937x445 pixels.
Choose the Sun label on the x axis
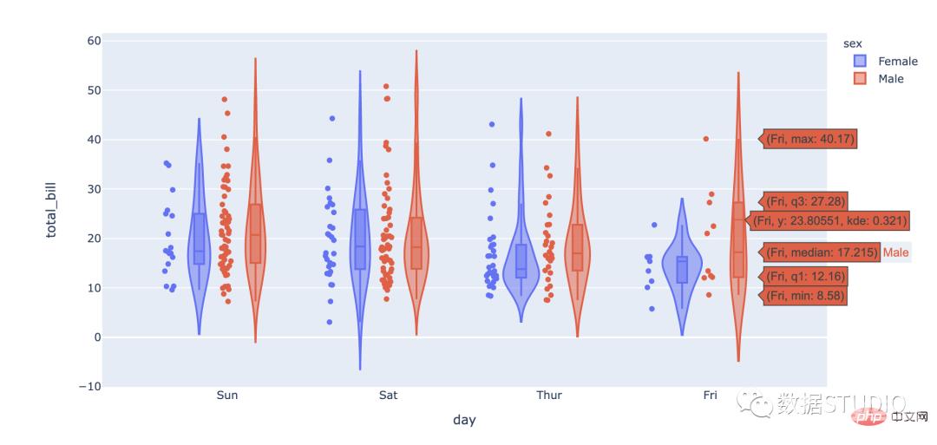pyautogui.click(x=226, y=396)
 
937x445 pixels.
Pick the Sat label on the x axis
pyautogui.click(x=389, y=396)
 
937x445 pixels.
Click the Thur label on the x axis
pyautogui.click(x=548, y=396)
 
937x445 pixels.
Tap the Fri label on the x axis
pyautogui.click(x=710, y=396)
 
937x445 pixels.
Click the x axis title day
pyautogui.click(x=464, y=420)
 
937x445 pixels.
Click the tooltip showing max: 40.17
pyautogui.click(x=810, y=139)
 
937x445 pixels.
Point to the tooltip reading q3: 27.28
pyautogui.click(x=804, y=201)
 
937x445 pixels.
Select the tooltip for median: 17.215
pyautogui.click(x=821, y=252)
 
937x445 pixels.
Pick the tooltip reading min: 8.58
pyautogui.click(x=804, y=296)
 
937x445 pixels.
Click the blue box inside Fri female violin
pyautogui.click(x=682, y=269)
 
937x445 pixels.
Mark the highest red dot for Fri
pyautogui.click(x=706, y=139)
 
